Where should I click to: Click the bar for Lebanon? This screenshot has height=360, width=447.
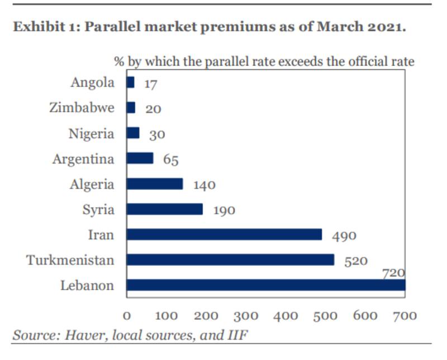click(x=265, y=285)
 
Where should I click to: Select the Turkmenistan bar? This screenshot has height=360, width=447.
click(x=230, y=260)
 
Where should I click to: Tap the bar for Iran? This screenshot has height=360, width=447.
click(x=224, y=234)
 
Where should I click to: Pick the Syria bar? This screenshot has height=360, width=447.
click(x=165, y=209)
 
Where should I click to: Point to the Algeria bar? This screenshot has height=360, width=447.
click(x=155, y=184)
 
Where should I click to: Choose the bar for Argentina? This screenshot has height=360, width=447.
click(x=140, y=159)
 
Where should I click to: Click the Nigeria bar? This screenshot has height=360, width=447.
click(x=133, y=133)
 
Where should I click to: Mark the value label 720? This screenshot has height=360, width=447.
click(x=393, y=273)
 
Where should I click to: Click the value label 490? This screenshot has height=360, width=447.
click(x=344, y=236)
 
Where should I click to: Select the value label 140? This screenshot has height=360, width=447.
click(x=204, y=185)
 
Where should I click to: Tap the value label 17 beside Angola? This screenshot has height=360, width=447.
click(x=150, y=84)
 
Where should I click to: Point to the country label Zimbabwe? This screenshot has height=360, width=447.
click(x=82, y=108)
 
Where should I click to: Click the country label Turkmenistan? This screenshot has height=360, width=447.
click(x=70, y=260)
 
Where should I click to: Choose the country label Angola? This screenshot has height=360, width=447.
click(x=92, y=83)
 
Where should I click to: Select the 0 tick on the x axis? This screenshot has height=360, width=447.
click(x=127, y=316)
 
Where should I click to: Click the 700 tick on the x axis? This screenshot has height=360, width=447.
click(x=405, y=316)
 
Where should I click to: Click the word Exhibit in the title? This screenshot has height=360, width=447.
click(x=37, y=27)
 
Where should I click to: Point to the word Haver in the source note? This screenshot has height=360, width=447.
click(x=81, y=335)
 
